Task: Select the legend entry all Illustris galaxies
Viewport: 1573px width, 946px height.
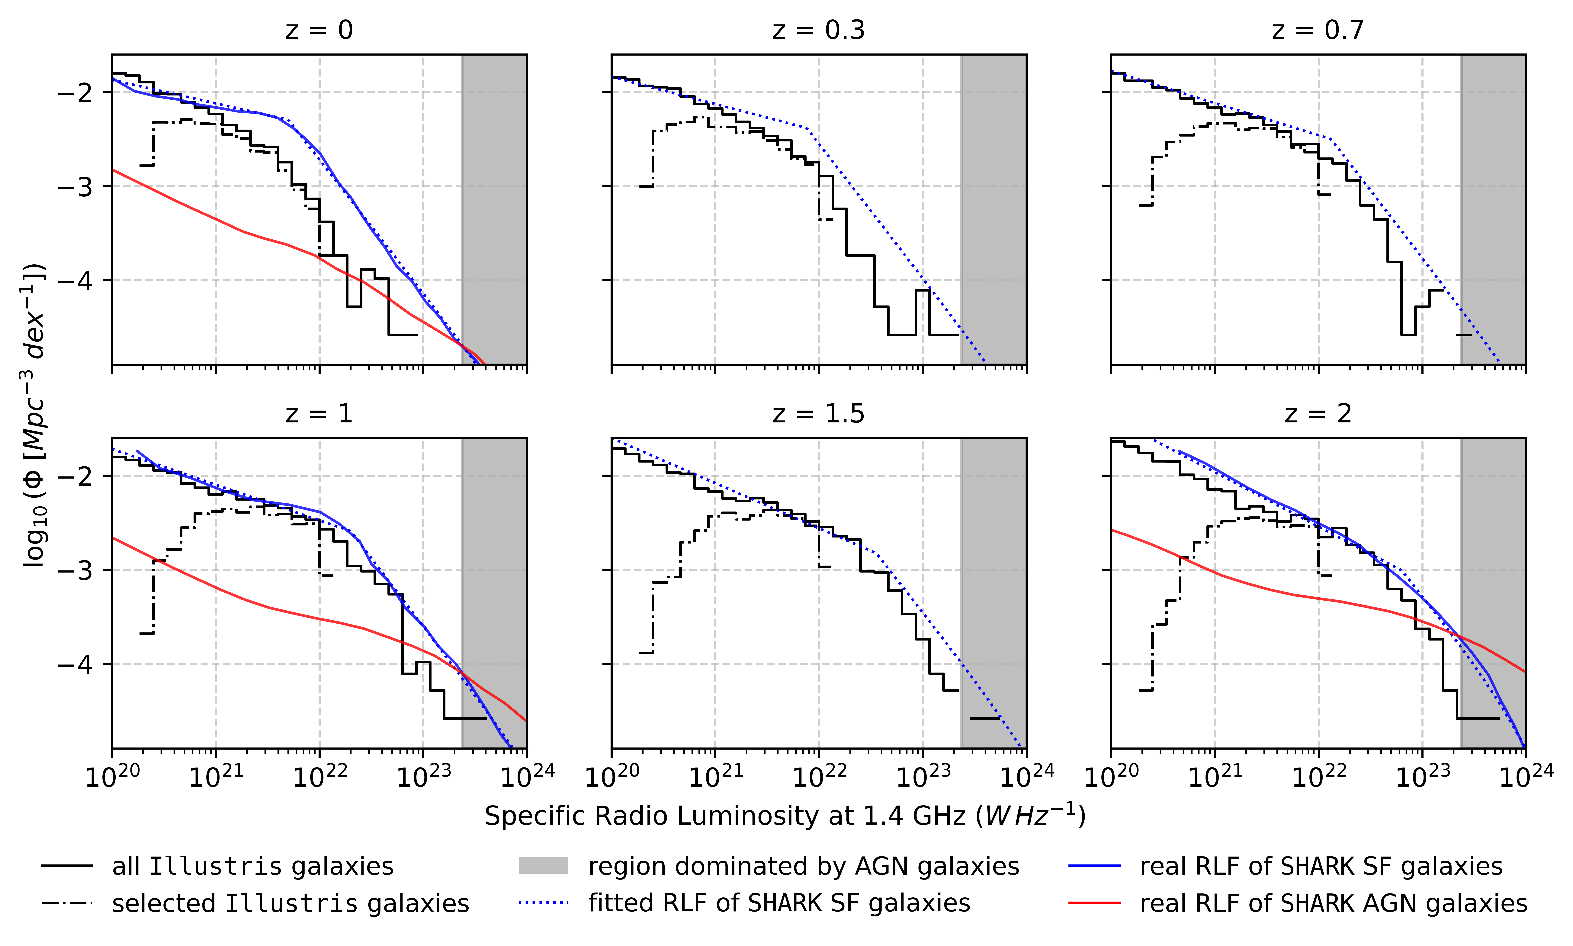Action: click(252, 866)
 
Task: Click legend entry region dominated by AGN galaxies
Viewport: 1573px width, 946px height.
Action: click(803, 866)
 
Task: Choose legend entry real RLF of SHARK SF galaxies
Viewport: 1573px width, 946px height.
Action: click(1321, 866)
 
